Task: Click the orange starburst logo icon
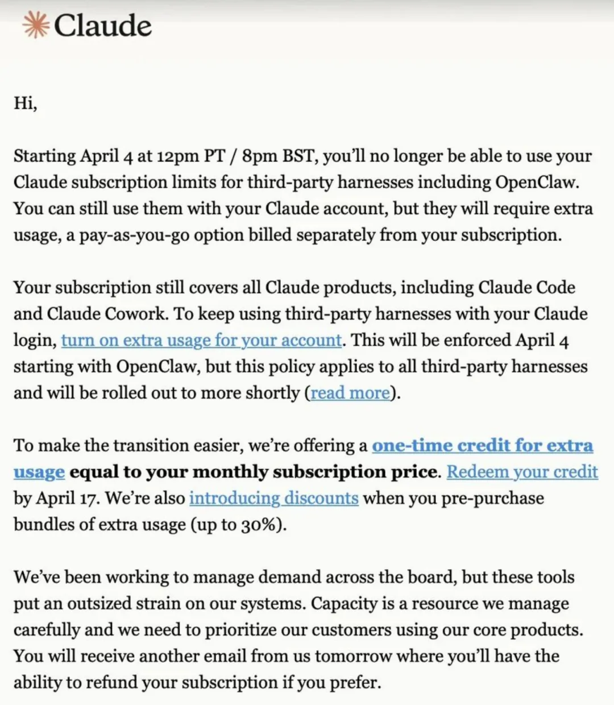pos(35,26)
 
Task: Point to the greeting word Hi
pos(25,104)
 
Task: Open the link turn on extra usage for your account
pos(201,340)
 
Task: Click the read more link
pos(350,393)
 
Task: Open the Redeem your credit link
pos(522,472)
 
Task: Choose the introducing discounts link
pos(273,498)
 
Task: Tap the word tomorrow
pos(353,656)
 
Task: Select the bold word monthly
pos(235,472)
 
